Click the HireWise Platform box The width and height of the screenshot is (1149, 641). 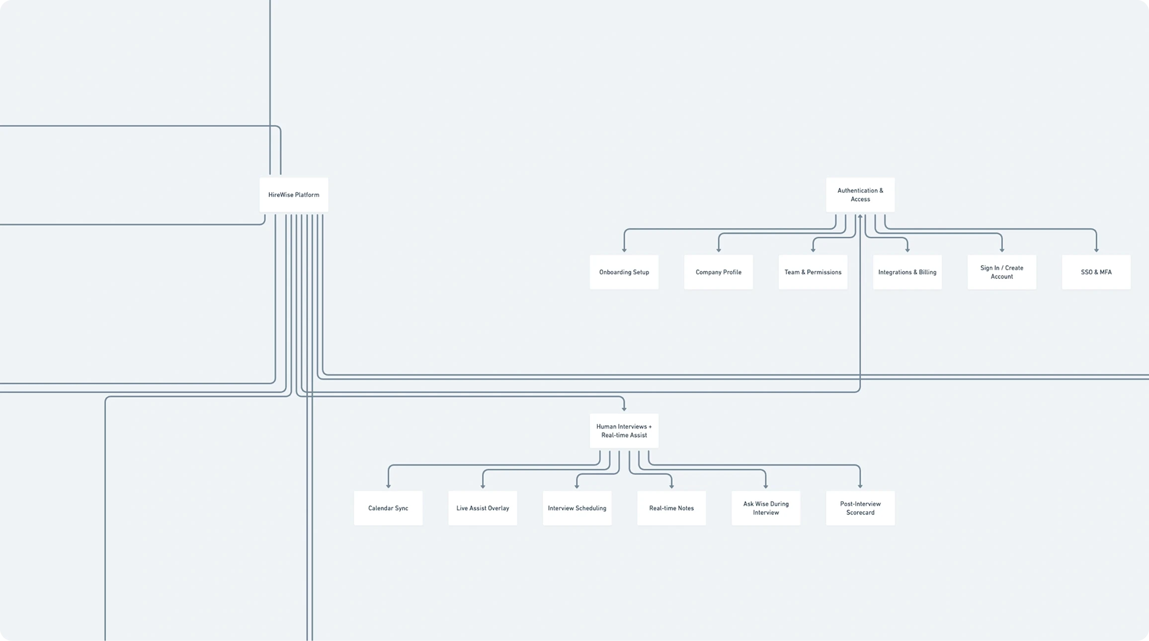pyautogui.click(x=294, y=195)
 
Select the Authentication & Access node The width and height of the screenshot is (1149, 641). pyautogui.click(x=860, y=195)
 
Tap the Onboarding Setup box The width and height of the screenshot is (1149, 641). pyautogui.click(x=624, y=272)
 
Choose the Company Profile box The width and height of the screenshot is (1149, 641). pyautogui.click(x=718, y=272)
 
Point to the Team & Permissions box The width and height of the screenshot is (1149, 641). pyautogui.click(x=813, y=272)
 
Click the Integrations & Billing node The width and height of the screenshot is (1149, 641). pyautogui.click(x=907, y=272)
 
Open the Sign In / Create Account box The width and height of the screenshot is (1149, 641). pyautogui.click(x=1001, y=272)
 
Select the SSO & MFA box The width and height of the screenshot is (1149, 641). pyautogui.click(x=1096, y=272)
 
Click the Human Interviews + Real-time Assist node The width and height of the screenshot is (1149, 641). pyautogui.click(x=624, y=431)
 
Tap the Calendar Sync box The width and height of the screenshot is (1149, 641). pyautogui.click(x=388, y=508)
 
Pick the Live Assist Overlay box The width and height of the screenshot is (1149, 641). pyautogui.click(x=483, y=508)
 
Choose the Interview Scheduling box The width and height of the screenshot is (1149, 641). pyautogui.click(x=577, y=508)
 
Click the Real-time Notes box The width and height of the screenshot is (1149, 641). pyautogui.click(x=671, y=508)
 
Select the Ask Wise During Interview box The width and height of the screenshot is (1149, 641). pyautogui.click(x=766, y=508)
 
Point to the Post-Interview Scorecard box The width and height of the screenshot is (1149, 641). pyautogui.click(x=860, y=508)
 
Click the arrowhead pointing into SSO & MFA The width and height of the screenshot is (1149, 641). pyautogui.click(x=1096, y=250)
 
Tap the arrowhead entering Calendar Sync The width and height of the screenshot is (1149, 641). pyautogui.click(x=388, y=486)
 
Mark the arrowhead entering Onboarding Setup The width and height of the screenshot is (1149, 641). pyautogui.click(x=624, y=250)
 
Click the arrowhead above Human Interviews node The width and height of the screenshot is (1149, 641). pyautogui.click(x=624, y=408)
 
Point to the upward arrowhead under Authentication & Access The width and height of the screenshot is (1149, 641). pyautogui.click(x=860, y=217)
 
